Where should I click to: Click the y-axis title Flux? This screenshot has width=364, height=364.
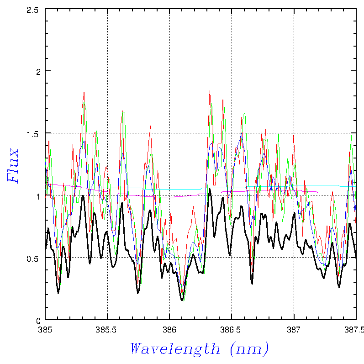click(14, 165)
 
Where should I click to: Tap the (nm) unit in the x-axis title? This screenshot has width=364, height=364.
click(249, 348)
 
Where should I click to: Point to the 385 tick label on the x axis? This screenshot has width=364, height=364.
click(45, 329)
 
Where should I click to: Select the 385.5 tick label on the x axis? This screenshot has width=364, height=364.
click(107, 329)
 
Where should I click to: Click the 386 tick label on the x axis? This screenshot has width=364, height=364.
click(169, 329)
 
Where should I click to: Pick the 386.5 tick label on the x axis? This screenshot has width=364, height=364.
click(232, 329)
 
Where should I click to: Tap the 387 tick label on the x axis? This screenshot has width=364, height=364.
click(293, 329)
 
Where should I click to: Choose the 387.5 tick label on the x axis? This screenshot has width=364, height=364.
click(355, 329)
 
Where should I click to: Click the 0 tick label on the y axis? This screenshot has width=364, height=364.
click(38, 320)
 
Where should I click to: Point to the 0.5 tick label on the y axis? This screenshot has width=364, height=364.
click(35, 258)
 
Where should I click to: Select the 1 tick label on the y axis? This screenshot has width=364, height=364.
click(38, 195)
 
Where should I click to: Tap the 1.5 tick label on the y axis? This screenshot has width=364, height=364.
click(35, 133)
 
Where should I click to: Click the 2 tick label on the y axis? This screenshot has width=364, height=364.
click(38, 71)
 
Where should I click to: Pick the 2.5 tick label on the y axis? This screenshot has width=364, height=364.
click(35, 9)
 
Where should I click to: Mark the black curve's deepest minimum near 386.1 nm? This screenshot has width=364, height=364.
click(182, 300)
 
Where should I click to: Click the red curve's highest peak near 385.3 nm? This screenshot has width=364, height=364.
click(84, 92)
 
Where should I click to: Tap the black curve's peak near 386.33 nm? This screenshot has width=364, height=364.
click(210, 189)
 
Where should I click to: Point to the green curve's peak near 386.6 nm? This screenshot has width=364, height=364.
click(244, 113)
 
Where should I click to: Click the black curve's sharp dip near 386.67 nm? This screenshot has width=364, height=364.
click(252, 283)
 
